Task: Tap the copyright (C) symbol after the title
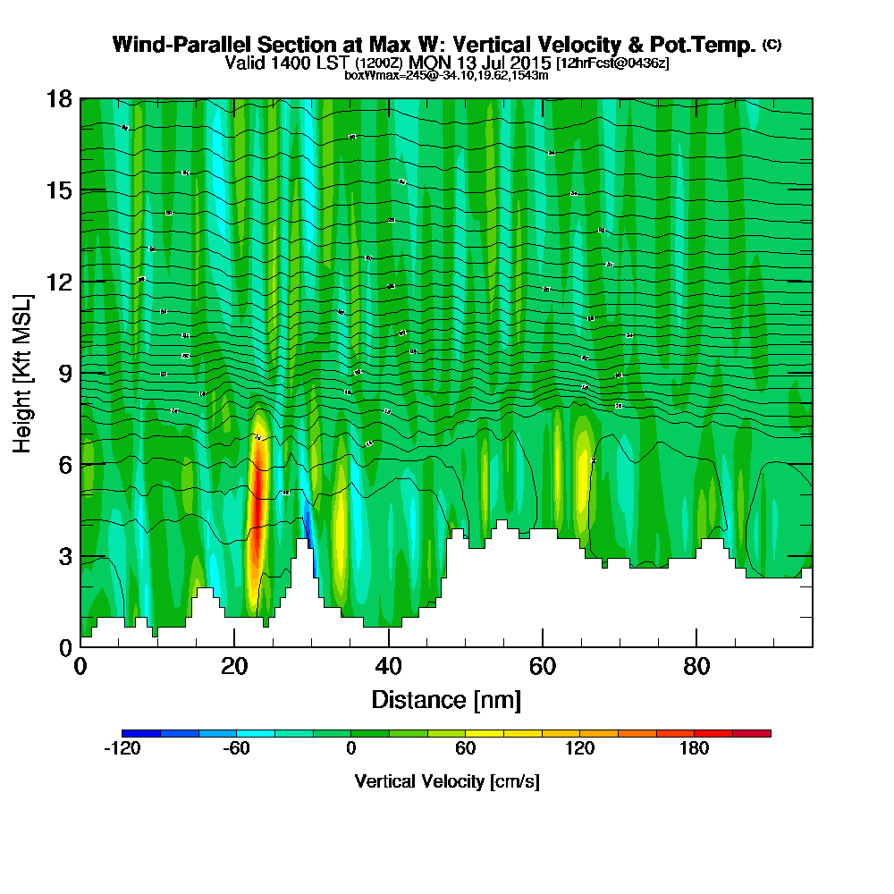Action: (x=772, y=45)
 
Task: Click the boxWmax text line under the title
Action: (x=446, y=75)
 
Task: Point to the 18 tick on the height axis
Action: (x=59, y=98)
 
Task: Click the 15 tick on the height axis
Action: (x=59, y=190)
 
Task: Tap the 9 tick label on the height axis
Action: (x=64, y=372)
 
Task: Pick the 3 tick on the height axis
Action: (x=64, y=555)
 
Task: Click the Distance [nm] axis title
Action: (x=446, y=698)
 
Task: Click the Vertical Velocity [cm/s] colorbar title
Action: (x=446, y=781)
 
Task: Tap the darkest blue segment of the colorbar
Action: (x=141, y=733)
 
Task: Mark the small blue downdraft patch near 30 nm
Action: (x=308, y=527)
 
